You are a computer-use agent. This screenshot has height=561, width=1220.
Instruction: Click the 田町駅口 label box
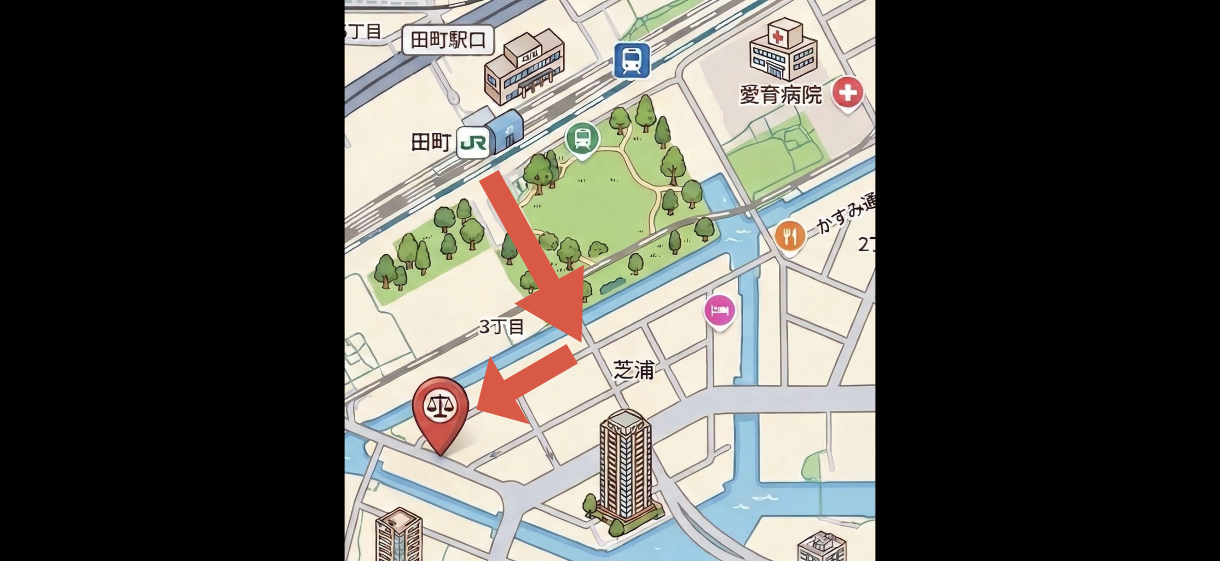[447, 40]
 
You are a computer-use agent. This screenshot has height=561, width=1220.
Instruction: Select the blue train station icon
[631, 60]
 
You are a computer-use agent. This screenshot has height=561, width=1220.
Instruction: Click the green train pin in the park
[582, 138]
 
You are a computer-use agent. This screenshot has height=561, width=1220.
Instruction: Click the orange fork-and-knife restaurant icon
[790, 236]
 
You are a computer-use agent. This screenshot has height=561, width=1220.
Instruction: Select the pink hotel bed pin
[719, 311]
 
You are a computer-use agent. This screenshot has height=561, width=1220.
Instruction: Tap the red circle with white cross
[848, 93]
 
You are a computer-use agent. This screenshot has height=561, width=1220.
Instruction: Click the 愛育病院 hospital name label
[781, 95]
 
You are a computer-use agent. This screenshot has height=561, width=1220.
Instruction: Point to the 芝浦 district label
[633, 370]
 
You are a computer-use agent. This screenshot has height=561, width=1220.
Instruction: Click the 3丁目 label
[501, 327]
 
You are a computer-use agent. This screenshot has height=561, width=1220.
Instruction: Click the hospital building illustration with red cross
[783, 50]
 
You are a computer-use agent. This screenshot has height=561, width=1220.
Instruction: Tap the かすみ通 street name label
[846, 215]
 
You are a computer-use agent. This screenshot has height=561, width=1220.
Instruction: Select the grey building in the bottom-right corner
[821, 548]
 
